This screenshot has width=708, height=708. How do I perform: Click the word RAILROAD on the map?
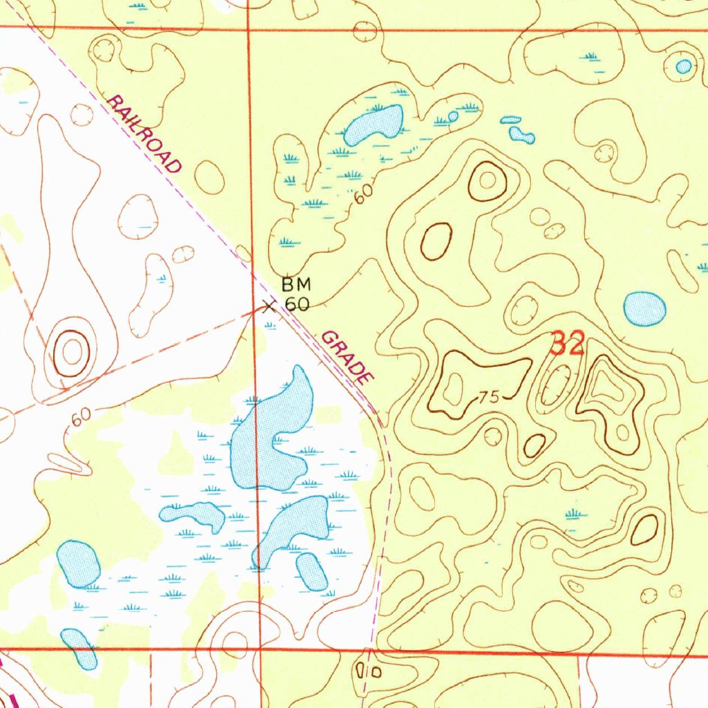tap(145, 134)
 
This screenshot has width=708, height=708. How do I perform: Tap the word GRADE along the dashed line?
tap(348, 358)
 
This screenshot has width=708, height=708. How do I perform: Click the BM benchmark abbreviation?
tap(297, 284)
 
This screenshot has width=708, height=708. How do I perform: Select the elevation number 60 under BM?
tap(297, 304)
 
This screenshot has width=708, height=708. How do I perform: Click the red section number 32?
tap(568, 344)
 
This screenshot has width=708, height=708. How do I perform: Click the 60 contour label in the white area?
tap(80, 417)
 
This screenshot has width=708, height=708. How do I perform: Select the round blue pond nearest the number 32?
tap(644, 308)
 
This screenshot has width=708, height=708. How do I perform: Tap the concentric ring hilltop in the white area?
tap(72, 352)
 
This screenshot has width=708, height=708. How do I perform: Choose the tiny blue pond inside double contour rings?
tap(683, 66)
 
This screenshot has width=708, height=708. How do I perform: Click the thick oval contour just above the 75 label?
tap(436, 242)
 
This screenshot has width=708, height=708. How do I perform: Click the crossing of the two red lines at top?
tap(249, 29)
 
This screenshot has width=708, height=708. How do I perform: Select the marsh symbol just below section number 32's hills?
tap(572, 514)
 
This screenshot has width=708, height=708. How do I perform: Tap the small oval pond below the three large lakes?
tap(312, 572)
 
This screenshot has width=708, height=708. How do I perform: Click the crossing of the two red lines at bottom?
tap(260, 650)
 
